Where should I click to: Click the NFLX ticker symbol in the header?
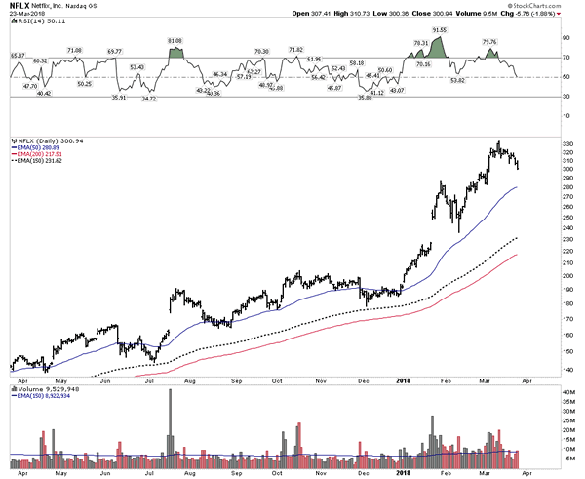pos(18,5)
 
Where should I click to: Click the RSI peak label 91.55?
pos(439,31)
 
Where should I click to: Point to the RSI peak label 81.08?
pos(175,41)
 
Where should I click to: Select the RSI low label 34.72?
pos(149,100)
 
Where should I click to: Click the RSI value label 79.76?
pos(490,42)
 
